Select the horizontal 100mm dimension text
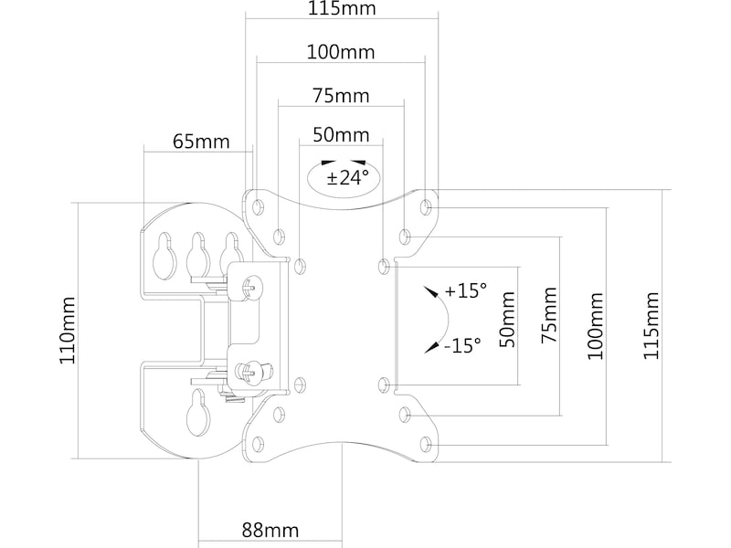point(341,52)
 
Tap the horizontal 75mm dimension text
point(341,96)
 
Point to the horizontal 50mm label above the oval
point(341,135)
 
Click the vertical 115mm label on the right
point(651,325)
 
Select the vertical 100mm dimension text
point(596,325)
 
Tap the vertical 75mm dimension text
point(549,316)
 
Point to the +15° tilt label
point(466,291)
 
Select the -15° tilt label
point(464,346)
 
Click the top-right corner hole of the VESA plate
point(426,206)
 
